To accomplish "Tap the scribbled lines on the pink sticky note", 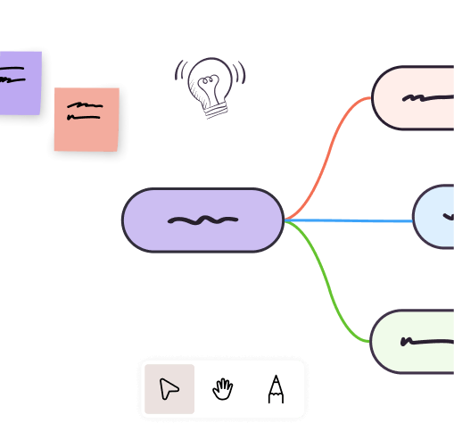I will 85,111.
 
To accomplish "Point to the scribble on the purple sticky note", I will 11,78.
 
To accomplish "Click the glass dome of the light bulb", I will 210,81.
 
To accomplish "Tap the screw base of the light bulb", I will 215,109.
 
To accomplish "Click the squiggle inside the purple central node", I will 202,220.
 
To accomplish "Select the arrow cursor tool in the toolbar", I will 169,389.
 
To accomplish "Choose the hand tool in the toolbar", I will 222,389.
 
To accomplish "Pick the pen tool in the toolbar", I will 276,389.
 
